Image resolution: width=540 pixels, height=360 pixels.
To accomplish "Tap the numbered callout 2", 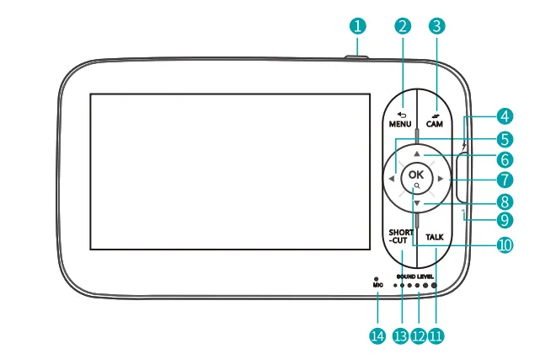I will (x=403, y=25).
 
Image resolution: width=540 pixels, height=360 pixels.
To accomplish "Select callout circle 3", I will (x=436, y=25).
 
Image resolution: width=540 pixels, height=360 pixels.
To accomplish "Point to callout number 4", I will (x=504, y=116).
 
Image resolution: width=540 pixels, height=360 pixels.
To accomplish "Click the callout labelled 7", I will (x=504, y=180).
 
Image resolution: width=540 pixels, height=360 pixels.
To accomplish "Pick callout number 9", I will (x=504, y=221).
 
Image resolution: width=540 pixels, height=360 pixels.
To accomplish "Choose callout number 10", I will (x=504, y=245).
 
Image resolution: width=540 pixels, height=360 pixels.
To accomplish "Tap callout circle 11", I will (x=436, y=336).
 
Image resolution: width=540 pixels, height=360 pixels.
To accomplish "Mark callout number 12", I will (x=418, y=336).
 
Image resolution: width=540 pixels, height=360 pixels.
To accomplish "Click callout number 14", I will (x=377, y=336).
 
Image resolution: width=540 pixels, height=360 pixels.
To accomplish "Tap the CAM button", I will (x=434, y=119).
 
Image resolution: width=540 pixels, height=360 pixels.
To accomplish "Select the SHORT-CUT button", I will (x=400, y=237).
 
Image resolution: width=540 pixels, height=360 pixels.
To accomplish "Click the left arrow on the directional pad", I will (x=393, y=178).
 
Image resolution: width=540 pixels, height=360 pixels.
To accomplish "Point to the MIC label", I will (x=377, y=285).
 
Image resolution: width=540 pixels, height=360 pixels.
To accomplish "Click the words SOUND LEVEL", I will (x=414, y=276).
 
